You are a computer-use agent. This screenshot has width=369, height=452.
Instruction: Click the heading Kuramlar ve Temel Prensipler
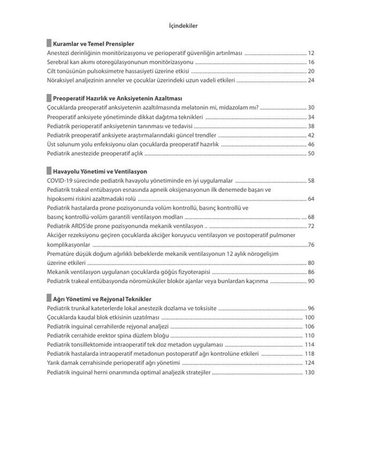tap(93, 44)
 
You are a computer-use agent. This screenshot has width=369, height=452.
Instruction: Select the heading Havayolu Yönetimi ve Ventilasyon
tap(100, 172)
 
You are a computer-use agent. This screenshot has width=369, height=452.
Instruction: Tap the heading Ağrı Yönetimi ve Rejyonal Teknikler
tap(102, 299)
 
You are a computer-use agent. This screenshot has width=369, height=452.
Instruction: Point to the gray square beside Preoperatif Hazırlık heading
tap(49, 98)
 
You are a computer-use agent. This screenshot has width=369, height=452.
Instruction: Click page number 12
tap(311, 53)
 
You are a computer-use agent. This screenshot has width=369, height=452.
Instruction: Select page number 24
tap(311, 80)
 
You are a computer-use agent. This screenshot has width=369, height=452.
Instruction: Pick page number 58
tap(311, 181)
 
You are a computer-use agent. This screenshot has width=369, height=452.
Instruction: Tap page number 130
tap(309, 372)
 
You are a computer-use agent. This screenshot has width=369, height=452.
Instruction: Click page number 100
tap(309, 317)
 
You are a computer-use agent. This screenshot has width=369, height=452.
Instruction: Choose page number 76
tap(311, 245)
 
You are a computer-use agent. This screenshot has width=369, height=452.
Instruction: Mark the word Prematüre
tap(59, 254)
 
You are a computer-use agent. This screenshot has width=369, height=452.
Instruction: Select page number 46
tap(311, 144)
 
